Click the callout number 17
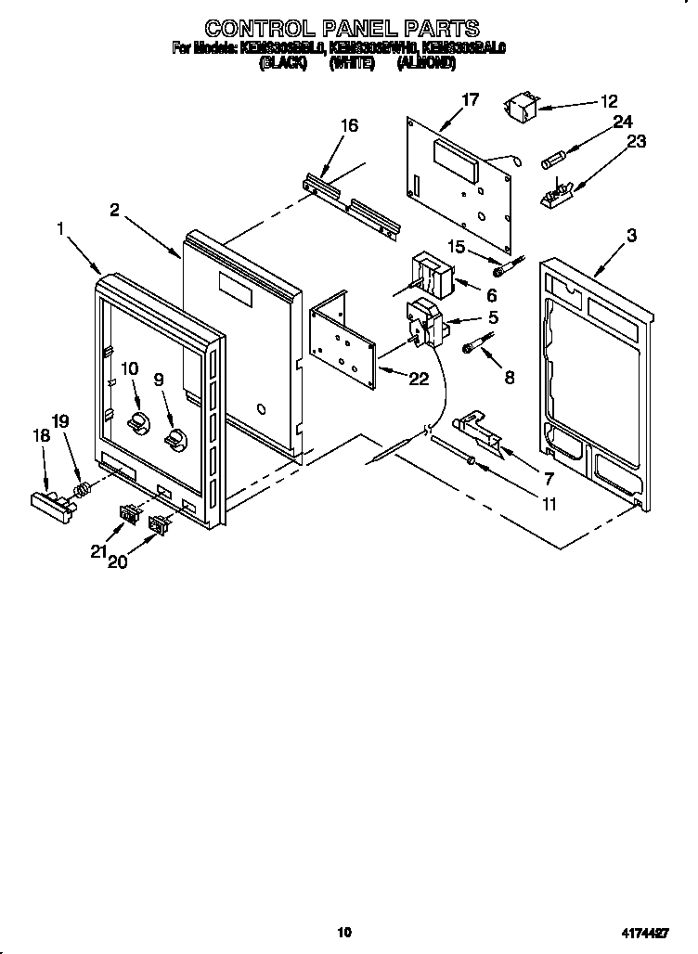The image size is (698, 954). (471, 99)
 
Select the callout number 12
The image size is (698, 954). (608, 102)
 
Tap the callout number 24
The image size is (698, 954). (621, 122)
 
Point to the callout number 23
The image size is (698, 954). (636, 141)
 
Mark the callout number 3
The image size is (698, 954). (631, 236)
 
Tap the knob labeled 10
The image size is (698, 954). (138, 423)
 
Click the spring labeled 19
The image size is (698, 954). (82, 487)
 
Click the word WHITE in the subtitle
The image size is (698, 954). (351, 64)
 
